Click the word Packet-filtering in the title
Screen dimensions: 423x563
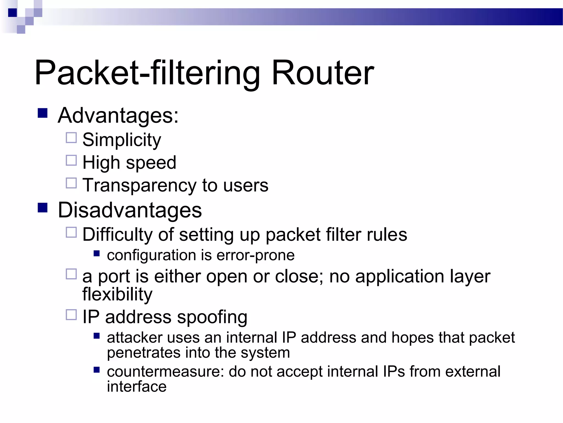(147, 73)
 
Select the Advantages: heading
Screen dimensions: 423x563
(118, 115)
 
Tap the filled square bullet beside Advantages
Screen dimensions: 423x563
(43, 113)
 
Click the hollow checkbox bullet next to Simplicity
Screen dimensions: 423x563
(71, 138)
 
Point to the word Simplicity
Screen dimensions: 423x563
(122, 140)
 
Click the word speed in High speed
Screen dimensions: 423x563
(151, 163)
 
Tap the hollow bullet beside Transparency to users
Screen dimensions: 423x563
(71, 183)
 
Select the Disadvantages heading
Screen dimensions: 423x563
(130, 210)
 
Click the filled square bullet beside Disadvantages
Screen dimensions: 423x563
(43, 208)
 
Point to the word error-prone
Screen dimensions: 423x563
(255, 255)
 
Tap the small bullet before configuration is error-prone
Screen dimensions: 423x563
(96, 253)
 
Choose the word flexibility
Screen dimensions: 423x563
(117, 294)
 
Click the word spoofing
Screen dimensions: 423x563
(212, 317)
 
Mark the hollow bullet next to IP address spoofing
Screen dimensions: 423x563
(71, 314)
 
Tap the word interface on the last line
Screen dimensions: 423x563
(137, 387)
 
